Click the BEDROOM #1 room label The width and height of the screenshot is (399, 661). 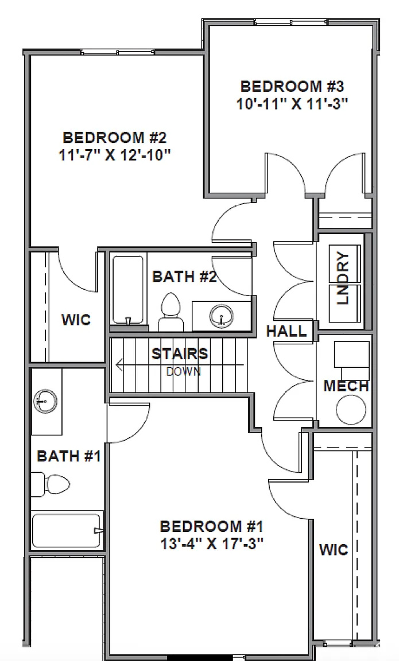point(211,526)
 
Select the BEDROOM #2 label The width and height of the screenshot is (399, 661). point(114,138)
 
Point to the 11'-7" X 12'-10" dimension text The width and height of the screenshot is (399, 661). point(114,155)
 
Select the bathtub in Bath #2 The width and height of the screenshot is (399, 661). point(127,289)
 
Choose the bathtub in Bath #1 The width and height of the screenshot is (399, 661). point(67,531)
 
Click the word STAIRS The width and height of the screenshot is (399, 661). point(179,353)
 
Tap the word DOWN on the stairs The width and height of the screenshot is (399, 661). point(183,371)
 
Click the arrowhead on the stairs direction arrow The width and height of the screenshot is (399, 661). point(118,364)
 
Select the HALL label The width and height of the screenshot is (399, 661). point(285,331)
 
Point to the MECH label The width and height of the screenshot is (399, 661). point(346,386)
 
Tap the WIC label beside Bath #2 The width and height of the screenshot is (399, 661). point(76,320)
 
